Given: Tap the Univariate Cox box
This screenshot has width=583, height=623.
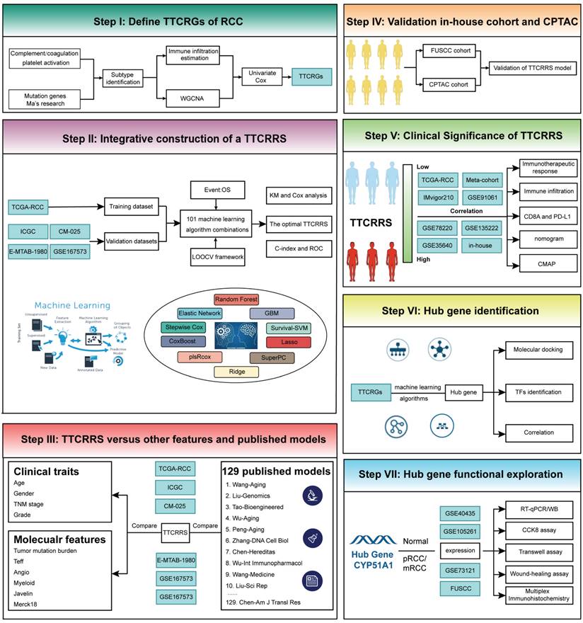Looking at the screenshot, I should click(x=263, y=77).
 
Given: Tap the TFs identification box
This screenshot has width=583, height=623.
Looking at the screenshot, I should click(x=540, y=391).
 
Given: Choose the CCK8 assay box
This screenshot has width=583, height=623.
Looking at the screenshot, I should click(x=541, y=528).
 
